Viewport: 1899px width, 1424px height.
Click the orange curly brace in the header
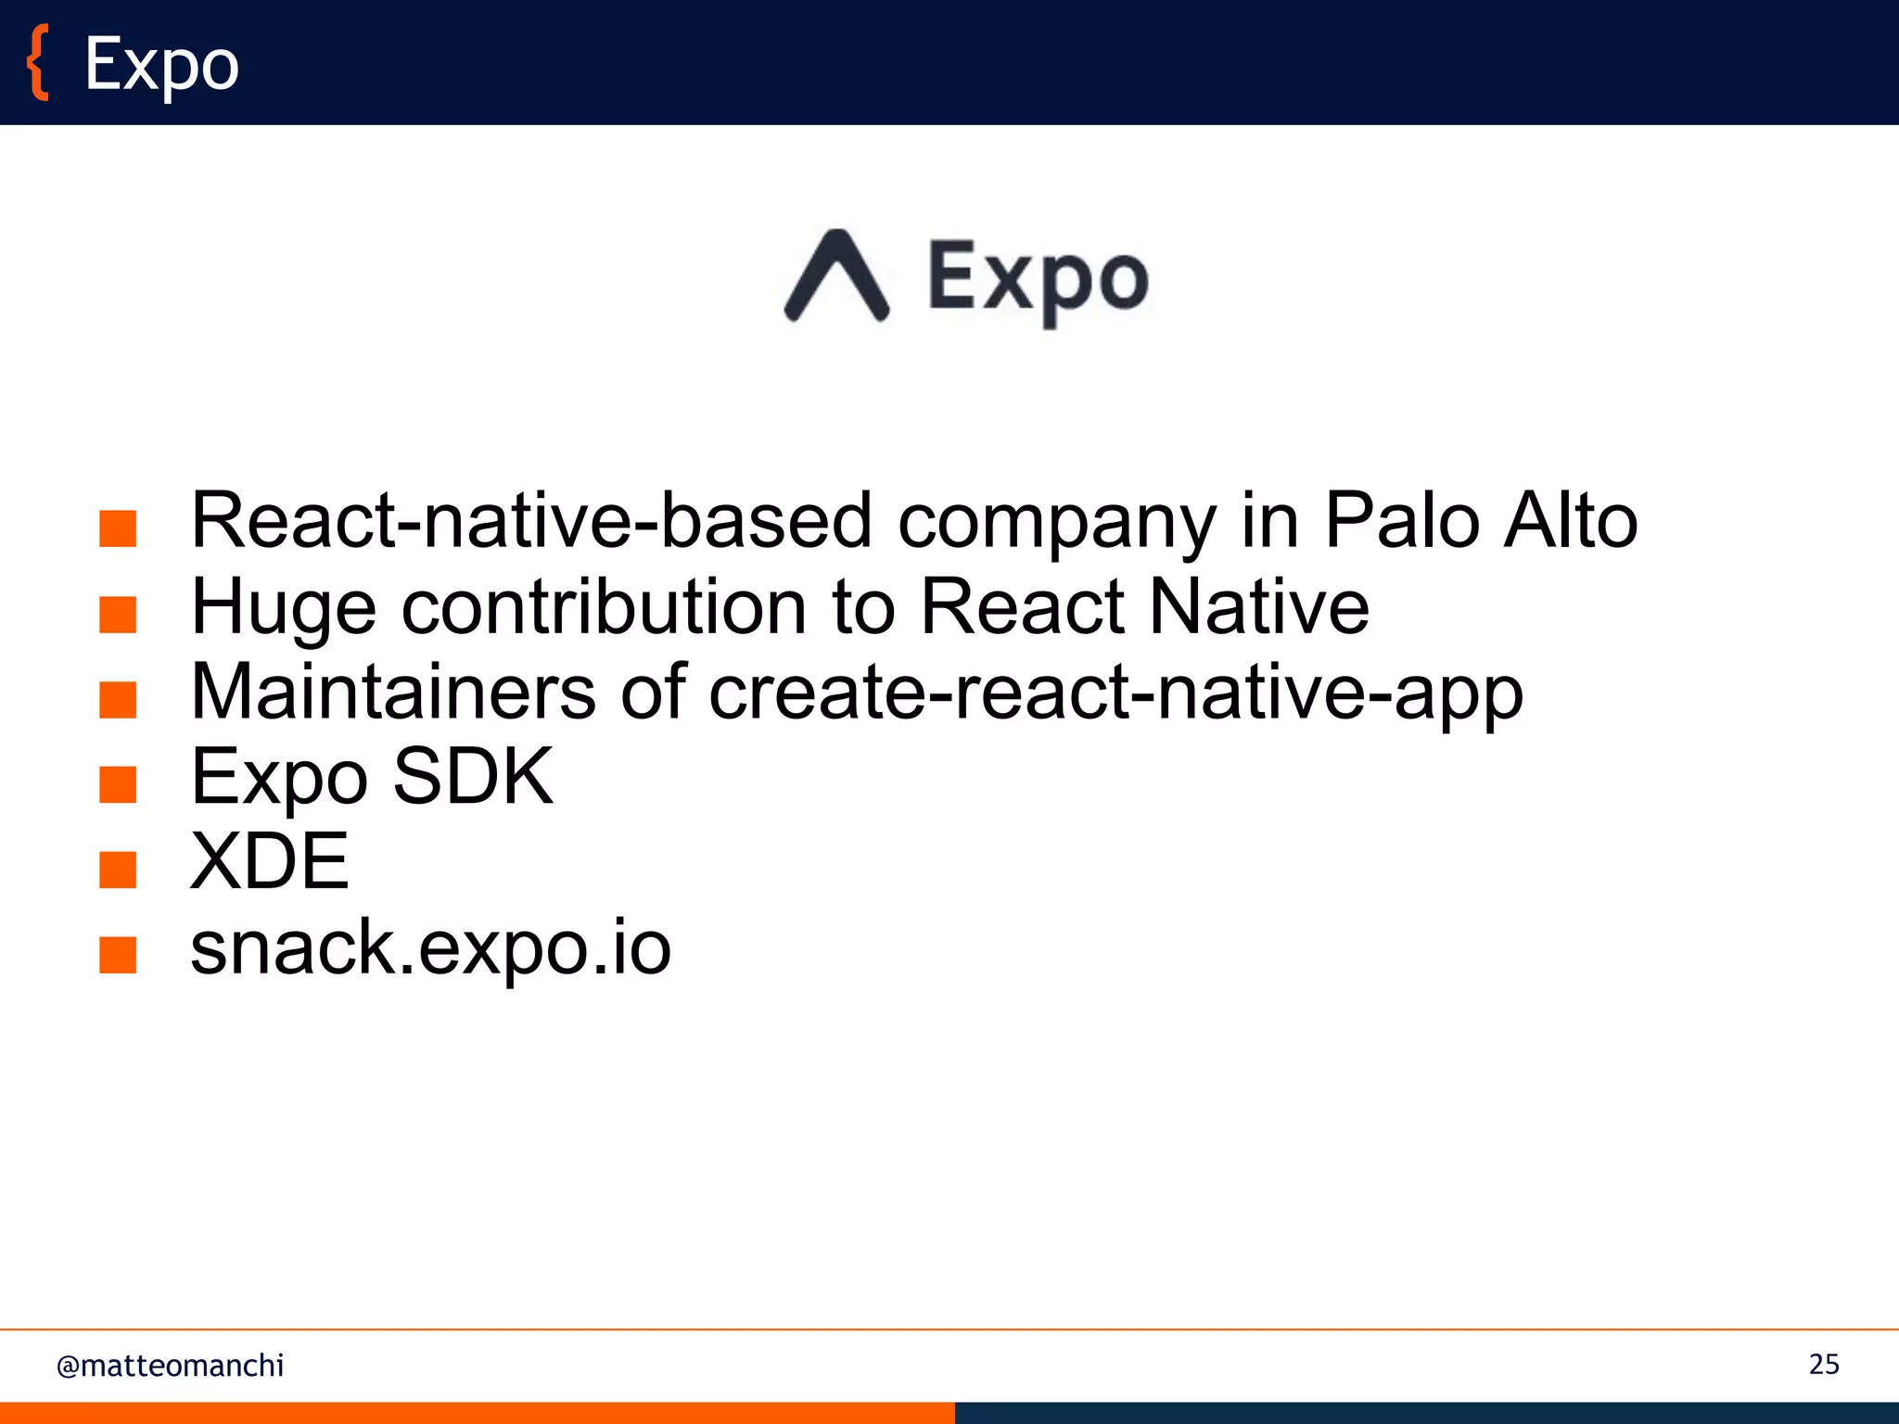(x=37, y=63)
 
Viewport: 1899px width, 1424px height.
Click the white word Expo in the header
(x=162, y=65)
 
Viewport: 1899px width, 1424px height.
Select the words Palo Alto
(x=1481, y=521)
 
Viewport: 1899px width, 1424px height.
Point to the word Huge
(x=283, y=608)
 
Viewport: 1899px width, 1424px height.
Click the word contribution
(x=604, y=607)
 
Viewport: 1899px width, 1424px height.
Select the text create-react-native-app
(x=1115, y=693)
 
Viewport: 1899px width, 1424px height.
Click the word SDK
(x=473, y=777)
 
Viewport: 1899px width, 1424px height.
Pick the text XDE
(x=269, y=861)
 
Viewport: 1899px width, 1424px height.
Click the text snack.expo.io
(x=430, y=947)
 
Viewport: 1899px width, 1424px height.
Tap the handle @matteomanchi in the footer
(x=170, y=1366)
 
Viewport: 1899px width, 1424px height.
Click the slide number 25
(x=1824, y=1365)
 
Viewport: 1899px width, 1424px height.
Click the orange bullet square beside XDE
(x=118, y=870)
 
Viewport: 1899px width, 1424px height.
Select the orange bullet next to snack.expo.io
(x=118, y=955)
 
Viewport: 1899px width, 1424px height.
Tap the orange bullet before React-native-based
(x=118, y=529)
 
